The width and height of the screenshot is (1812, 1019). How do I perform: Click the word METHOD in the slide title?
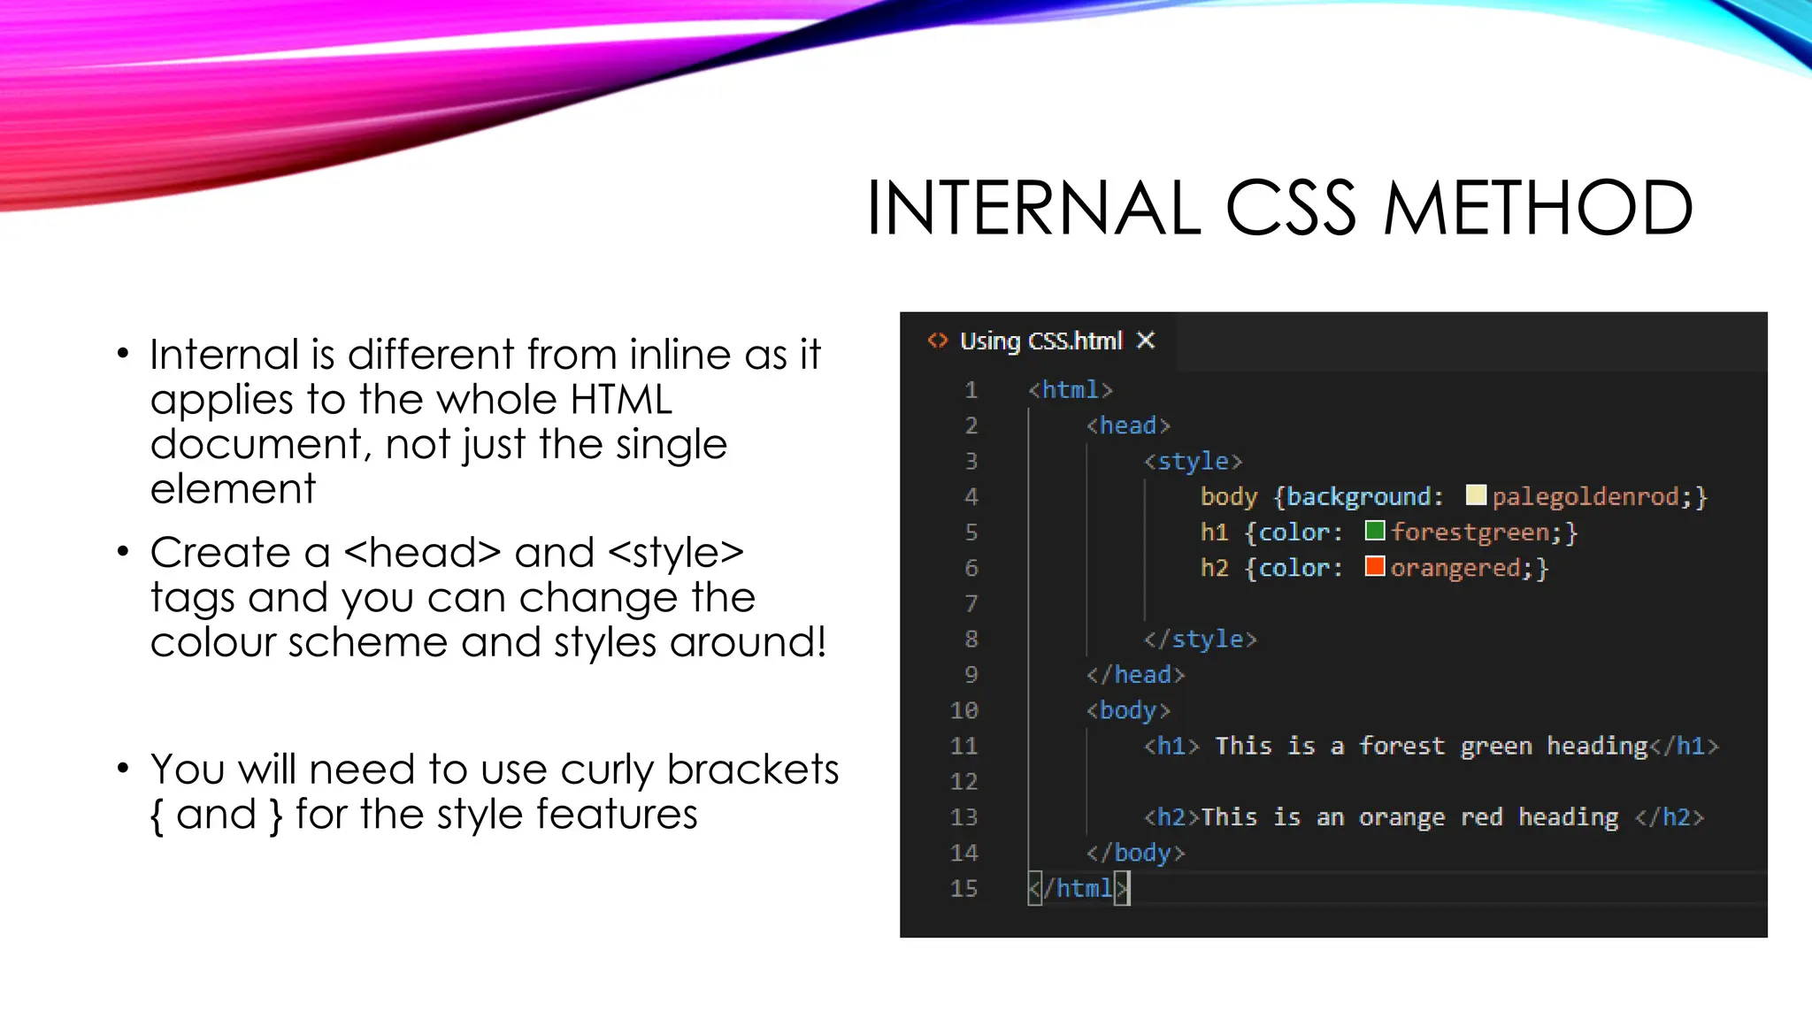(1538, 209)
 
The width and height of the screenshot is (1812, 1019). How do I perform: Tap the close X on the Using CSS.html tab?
(1146, 341)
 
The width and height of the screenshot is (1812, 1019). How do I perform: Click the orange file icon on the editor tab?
(937, 341)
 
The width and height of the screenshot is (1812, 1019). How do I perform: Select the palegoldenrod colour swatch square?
(1476, 495)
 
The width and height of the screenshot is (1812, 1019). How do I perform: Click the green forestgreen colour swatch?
(1375, 531)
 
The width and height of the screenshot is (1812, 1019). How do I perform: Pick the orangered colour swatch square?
(1375, 566)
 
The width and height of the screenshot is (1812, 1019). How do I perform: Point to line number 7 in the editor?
(971, 603)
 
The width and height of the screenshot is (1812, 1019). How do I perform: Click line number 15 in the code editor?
(964, 888)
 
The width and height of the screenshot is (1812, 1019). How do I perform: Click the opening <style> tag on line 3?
(1193, 461)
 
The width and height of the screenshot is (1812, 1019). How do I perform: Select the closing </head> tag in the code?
(1135, 675)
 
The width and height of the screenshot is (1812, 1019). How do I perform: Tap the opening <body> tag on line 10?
(1128, 710)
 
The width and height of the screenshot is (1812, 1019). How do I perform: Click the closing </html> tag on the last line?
(1079, 888)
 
